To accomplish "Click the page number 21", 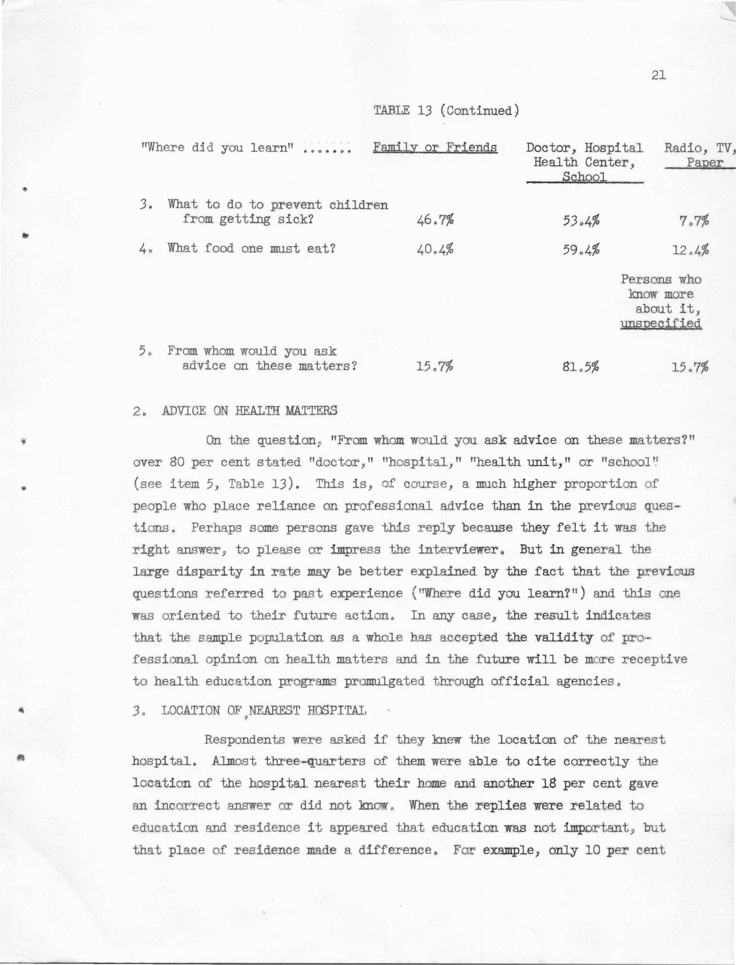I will coord(658,76).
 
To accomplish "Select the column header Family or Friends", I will coord(435,147).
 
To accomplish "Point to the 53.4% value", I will coord(581,220).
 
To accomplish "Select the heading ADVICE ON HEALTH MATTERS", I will coord(249,411).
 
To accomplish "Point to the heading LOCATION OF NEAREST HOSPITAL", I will coord(264,710).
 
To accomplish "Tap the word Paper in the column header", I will coord(705,163).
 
